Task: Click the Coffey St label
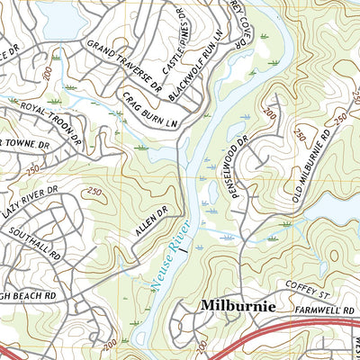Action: tap(310, 288)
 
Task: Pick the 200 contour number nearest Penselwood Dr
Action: tap(268, 115)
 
